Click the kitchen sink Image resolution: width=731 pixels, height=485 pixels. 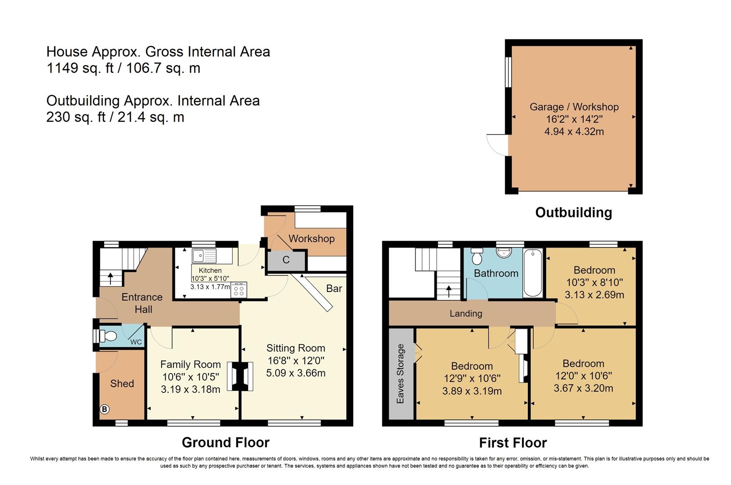coord(204,256)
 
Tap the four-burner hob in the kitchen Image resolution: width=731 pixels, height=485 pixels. coord(239,290)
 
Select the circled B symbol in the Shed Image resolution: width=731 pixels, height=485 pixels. coord(104,409)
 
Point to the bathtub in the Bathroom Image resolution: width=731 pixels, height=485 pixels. coord(532,273)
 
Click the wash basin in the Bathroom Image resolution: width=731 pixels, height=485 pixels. coord(504,253)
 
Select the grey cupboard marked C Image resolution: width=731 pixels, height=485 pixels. coord(286,260)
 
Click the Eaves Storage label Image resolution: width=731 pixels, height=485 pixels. coord(400,374)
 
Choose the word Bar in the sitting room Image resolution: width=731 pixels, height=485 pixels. coord(334,288)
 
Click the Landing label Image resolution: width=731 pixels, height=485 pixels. coord(465,313)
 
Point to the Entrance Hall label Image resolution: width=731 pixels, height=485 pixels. coord(142,303)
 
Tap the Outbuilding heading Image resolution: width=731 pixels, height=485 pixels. coord(574,212)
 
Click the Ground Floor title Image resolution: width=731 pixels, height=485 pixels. coord(226,443)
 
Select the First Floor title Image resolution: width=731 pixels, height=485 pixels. coord(513,443)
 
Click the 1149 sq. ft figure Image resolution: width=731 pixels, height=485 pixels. coord(80,68)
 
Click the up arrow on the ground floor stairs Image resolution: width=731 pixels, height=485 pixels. coord(111,279)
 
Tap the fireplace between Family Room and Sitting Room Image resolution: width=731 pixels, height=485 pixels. coord(240,376)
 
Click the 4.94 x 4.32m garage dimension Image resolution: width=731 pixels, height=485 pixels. coord(574,132)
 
